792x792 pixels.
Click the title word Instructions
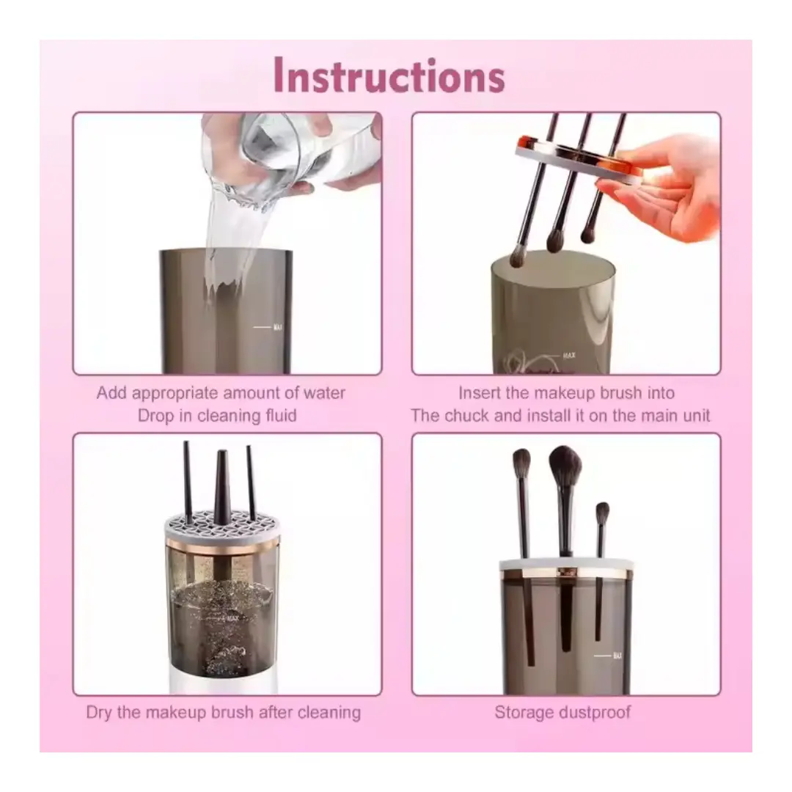pyautogui.click(x=389, y=76)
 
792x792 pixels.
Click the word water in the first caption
pyautogui.click(x=324, y=392)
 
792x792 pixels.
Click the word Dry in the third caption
pyautogui.click(x=99, y=712)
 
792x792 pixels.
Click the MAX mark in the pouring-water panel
pyautogui.click(x=277, y=327)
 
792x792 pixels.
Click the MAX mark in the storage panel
pyautogui.click(x=617, y=656)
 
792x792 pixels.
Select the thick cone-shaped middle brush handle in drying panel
pyautogui.click(x=221, y=487)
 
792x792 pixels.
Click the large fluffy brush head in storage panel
pyautogui.click(x=565, y=467)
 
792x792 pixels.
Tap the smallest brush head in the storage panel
pyautogui.click(x=602, y=514)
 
